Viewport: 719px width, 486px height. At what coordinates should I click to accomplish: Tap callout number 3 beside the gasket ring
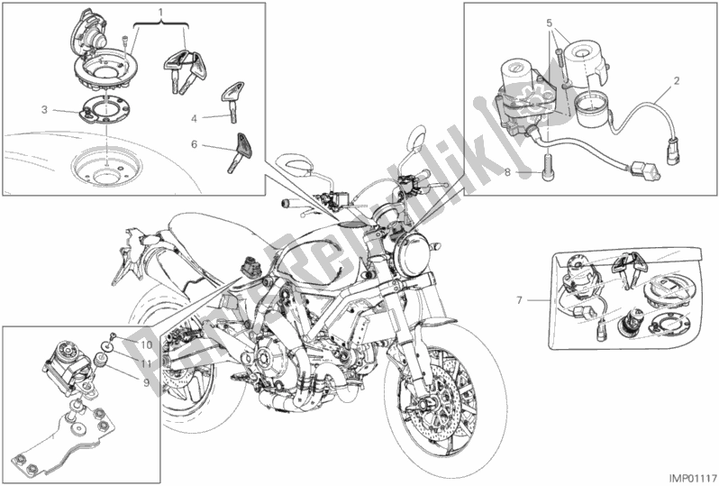click(x=44, y=110)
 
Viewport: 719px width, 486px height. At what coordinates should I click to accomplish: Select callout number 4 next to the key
click(x=194, y=119)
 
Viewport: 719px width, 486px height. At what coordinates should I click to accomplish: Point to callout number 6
click(x=194, y=144)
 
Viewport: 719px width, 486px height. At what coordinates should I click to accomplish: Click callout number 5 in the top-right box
click(x=550, y=22)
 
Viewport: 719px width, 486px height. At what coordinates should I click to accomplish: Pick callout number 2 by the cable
click(x=677, y=81)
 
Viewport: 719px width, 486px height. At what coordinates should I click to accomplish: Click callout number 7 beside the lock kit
click(x=519, y=300)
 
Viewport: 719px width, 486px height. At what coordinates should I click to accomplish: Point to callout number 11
click(x=146, y=364)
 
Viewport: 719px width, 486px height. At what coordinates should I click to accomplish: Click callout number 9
click(x=146, y=382)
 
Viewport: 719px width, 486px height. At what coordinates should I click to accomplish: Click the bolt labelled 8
click(x=546, y=168)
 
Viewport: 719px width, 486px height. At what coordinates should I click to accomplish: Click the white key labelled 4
click(x=232, y=101)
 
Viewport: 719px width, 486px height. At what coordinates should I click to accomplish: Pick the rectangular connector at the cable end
click(x=646, y=170)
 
